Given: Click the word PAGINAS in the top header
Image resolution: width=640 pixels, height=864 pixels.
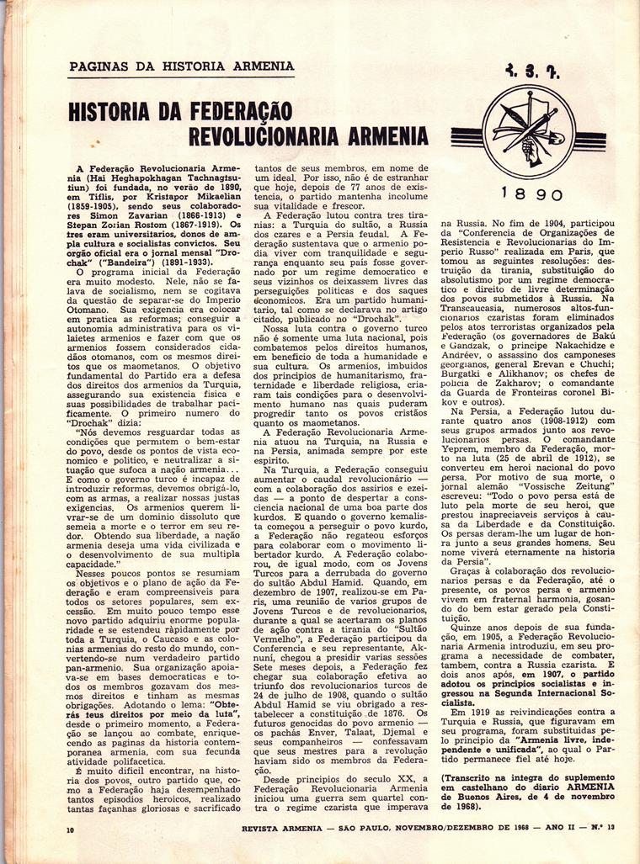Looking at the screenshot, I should tap(98, 67).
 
